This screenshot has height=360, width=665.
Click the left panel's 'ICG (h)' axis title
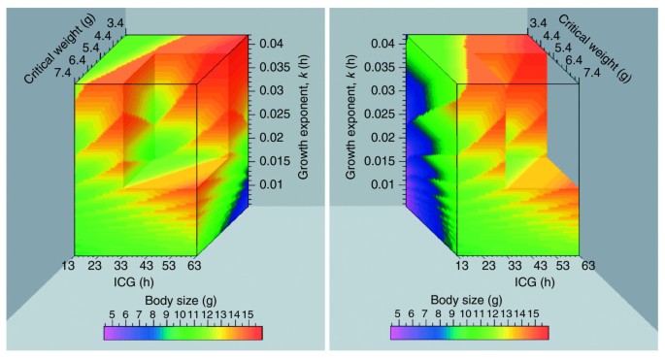[135, 283]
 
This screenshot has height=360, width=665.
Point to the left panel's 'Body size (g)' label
[183, 300]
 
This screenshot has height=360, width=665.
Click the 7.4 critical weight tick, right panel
[587, 70]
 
